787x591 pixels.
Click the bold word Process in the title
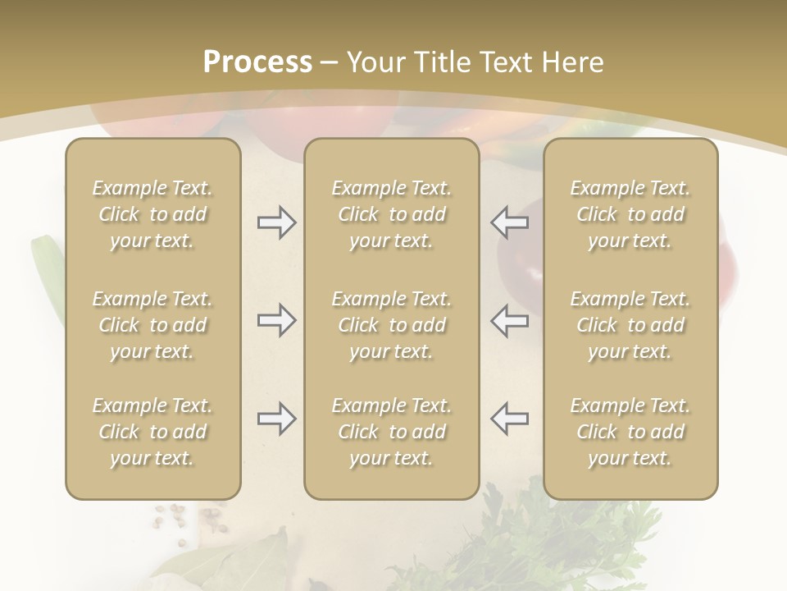tap(257, 62)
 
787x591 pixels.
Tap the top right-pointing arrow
tap(276, 222)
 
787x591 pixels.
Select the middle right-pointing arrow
tap(276, 320)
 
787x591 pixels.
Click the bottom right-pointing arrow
tap(276, 419)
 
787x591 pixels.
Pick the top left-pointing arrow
tap(510, 222)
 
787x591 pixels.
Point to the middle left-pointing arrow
tap(510, 320)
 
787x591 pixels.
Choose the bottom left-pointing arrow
tap(510, 419)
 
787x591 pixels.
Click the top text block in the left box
tap(152, 214)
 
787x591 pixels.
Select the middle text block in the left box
tap(152, 325)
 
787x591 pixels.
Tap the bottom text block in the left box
tap(152, 432)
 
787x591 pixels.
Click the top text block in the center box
tap(391, 214)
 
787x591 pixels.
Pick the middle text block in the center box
tap(391, 325)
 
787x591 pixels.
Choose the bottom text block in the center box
tap(391, 432)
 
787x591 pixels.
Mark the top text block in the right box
tap(630, 214)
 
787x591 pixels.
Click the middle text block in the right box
tap(630, 325)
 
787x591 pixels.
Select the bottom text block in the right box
tap(630, 432)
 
